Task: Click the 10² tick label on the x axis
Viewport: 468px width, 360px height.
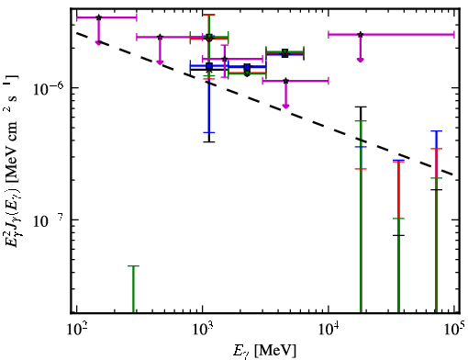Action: [76, 330]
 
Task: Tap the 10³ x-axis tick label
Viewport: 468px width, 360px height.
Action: [203, 330]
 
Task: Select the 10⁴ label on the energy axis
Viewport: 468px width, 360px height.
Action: [329, 330]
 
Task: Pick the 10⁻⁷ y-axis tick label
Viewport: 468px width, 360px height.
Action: [49, 220]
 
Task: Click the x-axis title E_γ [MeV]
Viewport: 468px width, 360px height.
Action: [264, 351]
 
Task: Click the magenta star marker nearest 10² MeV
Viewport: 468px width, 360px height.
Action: [98, 17]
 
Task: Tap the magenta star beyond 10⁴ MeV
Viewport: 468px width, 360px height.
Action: [361, 35]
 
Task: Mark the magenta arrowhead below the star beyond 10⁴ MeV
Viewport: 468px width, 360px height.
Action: [361, 60]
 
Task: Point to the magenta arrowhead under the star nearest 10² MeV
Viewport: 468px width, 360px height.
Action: [98, 43]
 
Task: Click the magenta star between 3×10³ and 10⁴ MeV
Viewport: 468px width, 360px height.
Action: [285, 81]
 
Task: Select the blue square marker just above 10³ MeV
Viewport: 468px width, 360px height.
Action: [209, 66]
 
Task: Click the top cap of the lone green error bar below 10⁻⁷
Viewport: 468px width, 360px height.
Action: [133, 266]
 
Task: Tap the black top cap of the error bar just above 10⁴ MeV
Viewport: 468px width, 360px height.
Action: [361, 107]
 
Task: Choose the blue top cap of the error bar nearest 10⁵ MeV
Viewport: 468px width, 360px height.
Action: [436, 131]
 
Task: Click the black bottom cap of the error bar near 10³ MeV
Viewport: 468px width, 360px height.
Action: [209, 141]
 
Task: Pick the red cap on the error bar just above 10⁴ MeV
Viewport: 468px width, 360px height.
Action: [361, 169]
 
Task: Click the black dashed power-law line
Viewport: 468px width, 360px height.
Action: [265, 103]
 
